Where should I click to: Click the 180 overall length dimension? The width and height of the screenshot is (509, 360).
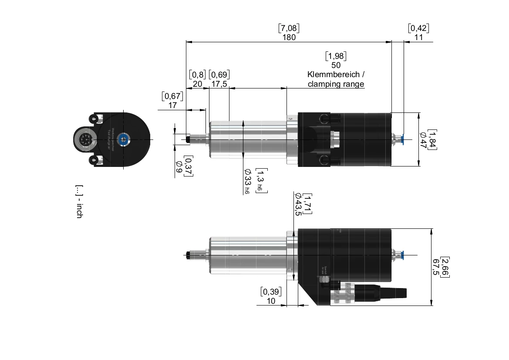coord(289,37)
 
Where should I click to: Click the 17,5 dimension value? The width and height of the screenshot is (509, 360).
coord(219,84)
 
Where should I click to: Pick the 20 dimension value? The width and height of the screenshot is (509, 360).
coord(197,84)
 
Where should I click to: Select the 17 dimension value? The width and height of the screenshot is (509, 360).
coord(172,105)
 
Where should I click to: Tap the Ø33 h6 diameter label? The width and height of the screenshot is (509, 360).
coord(247,181)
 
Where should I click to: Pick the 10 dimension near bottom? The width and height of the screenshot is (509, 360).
coord(271,301)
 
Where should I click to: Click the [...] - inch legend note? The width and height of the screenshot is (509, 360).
coord(78,201)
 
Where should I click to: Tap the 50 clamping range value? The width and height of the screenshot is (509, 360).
coord(336,65)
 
